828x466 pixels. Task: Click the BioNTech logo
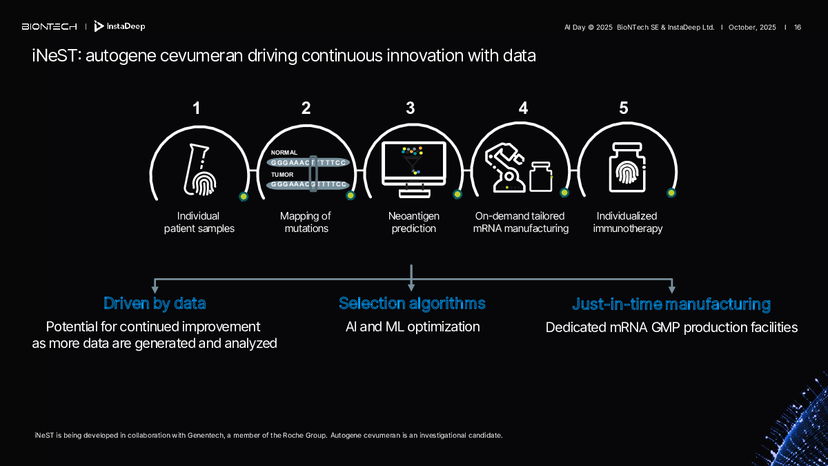click(49, 27)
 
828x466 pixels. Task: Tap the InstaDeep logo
click(119, 26)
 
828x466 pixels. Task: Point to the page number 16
click(798, 28)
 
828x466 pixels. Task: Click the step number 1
click(196, 108)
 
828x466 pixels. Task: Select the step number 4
click(523, 108)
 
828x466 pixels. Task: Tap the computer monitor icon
click(414, 169)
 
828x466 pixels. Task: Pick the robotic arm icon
click(505, 168)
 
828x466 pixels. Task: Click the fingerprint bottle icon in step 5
click(627, 168)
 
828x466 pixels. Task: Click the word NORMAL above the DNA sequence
click(284, 153)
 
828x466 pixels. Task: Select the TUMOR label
click(282, 175)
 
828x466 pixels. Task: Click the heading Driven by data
click(155, 303)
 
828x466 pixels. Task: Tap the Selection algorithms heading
click(412, 303)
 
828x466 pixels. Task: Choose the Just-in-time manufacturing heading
click(671, 304)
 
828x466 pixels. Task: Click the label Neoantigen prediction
click(413, 222)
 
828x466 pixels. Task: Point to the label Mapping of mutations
click(306, 222)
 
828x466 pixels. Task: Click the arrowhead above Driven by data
click(155, 289)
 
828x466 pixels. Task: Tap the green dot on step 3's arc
click(457, 194)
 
